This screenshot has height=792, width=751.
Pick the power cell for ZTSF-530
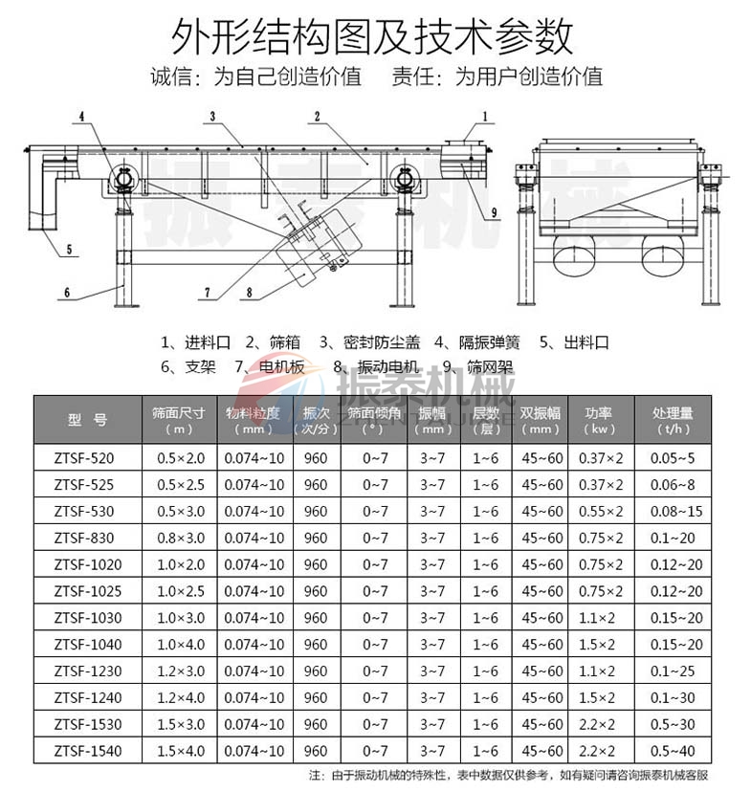tap(600, 511)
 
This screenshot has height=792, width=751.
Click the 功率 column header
tap(600, 420)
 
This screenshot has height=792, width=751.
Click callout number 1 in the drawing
tap(484, 117)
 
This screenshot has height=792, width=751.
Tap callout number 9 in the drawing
tap(495, 211)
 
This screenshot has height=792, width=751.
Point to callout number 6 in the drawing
tap(67, 293)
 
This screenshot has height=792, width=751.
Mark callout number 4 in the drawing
tap(82, 117)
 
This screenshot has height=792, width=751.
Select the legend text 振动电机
tap(387, 366)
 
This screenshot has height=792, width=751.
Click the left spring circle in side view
tap(123, 177)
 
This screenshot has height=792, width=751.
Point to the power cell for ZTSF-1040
tap(600, 644)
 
